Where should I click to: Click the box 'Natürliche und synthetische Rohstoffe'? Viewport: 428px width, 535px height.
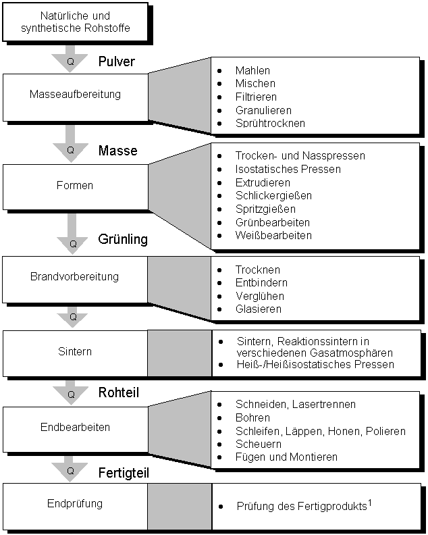75,22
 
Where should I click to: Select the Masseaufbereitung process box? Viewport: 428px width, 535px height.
76,97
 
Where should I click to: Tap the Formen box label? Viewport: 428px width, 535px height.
75,185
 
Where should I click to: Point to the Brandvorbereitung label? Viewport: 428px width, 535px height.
74,276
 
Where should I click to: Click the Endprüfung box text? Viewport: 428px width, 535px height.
75,504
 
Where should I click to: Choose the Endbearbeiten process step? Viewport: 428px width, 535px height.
76,429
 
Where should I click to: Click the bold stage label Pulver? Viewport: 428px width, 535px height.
117,61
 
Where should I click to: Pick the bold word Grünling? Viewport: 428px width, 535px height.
123,239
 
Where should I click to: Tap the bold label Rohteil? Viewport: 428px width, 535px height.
119,392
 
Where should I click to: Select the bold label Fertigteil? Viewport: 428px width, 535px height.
124,473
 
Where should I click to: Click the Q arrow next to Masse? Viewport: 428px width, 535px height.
71,144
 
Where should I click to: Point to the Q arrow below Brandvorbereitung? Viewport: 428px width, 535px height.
72,317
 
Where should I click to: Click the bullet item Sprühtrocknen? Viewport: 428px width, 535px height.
270,123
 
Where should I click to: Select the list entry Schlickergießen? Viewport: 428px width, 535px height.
273,195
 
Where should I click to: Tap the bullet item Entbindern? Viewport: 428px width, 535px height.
261,282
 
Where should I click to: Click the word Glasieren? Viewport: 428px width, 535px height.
259,309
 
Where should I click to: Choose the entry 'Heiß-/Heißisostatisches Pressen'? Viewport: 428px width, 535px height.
315,364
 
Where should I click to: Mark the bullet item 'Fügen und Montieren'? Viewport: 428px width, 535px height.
286,457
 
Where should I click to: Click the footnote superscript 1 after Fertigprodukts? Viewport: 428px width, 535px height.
370,503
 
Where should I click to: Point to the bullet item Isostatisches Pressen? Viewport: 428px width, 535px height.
288,169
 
